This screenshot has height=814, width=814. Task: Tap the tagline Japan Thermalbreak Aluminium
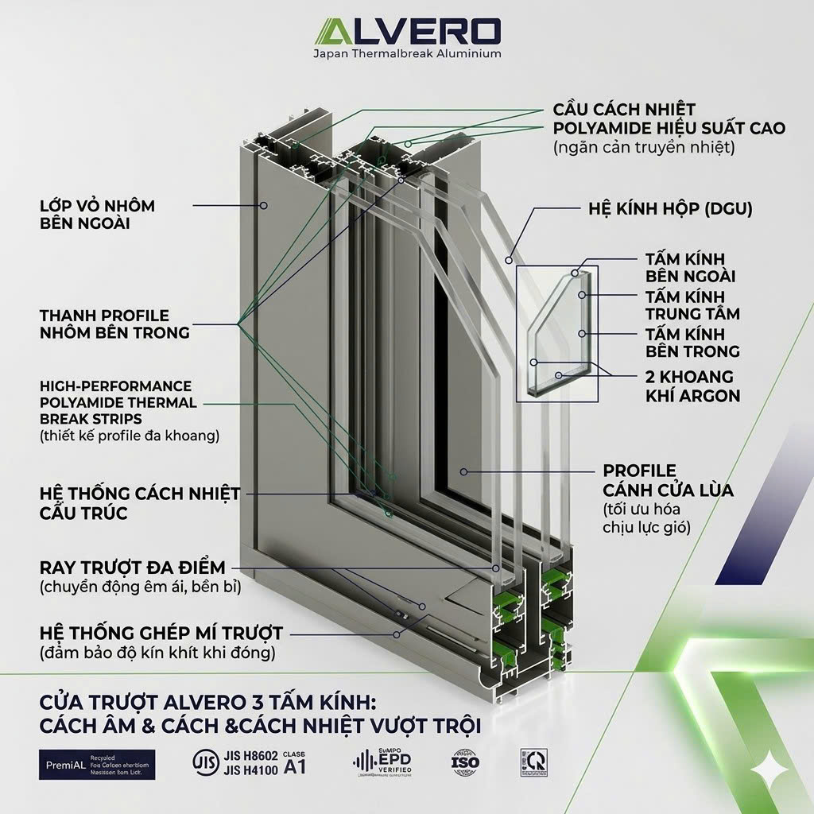[x=406, y=54]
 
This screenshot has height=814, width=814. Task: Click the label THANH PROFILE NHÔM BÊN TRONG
[x=114, y=324]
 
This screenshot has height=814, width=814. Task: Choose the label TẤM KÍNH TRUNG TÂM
[x=692, y=304]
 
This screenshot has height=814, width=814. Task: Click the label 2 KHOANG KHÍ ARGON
[x=692, y=386]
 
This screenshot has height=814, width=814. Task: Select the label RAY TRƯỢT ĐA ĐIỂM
[x=132, y=568]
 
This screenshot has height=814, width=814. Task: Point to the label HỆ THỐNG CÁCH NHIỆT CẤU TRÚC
[x=139, y=503]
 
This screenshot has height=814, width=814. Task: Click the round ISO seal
[x=465, y=762]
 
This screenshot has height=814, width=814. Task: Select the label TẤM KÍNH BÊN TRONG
[x=692, y=343]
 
